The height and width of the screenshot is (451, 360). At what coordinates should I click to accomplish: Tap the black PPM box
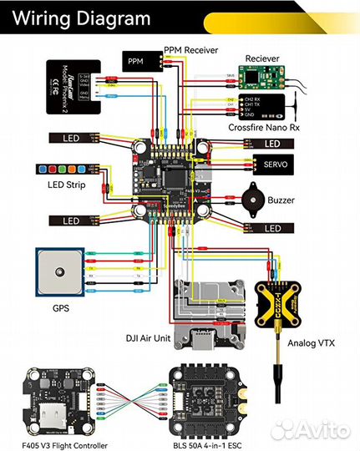pyautogui.click(x=136, y=61)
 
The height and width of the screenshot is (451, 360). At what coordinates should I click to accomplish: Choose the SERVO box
pyautogui.click(x=274, y=165)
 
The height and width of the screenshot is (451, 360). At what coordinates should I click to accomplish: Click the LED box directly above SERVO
pyautogui.click(x=274, y=144)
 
